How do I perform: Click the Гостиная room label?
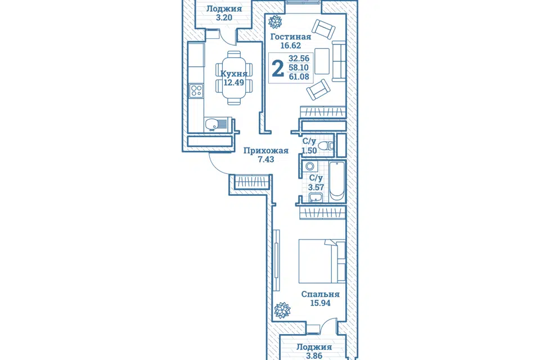[x=291, y=37]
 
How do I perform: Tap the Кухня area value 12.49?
[x=234, y=83]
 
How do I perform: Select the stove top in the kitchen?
[x=196, y=91]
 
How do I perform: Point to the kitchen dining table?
[x=234, y=78]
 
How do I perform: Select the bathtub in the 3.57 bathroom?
[x=337, y=182]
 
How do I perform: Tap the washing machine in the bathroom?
[x=310, y=166]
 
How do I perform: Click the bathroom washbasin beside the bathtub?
[x=316, y=197]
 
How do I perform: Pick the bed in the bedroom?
[x=322, y=261]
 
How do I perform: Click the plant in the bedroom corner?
[x=282, y=310]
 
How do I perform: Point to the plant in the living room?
[x=275, y=22]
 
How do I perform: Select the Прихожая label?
[x=266, y=151]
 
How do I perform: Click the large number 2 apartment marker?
[x=278, y=68]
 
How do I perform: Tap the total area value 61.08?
[x=299, y=77]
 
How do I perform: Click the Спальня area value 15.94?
[x=320, y=303]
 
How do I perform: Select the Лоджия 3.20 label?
[x=224, y=13]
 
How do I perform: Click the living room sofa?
[x=339, y=61]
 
